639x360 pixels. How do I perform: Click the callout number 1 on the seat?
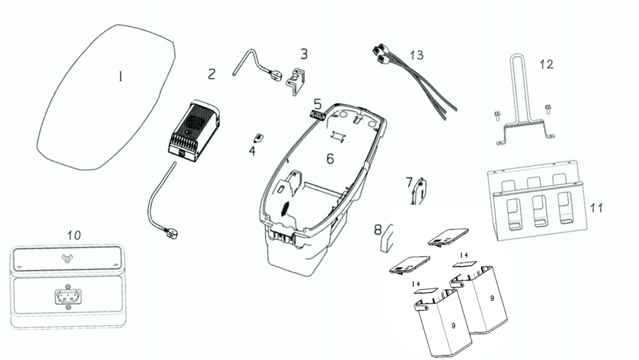click(120, 77)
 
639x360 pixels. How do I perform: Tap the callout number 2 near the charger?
click(212, 74)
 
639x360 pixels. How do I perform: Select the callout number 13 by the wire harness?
click(417, 55)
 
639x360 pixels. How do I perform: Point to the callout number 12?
click(546, 64)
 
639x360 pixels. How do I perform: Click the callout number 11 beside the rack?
click(596, 208)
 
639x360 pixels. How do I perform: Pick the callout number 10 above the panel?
click(74, 235)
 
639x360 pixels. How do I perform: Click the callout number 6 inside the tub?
click(330, 159)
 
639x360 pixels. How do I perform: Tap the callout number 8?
click(378, 230)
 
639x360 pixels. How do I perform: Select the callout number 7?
click(409, 181)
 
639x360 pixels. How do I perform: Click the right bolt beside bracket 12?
click(548, 107)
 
